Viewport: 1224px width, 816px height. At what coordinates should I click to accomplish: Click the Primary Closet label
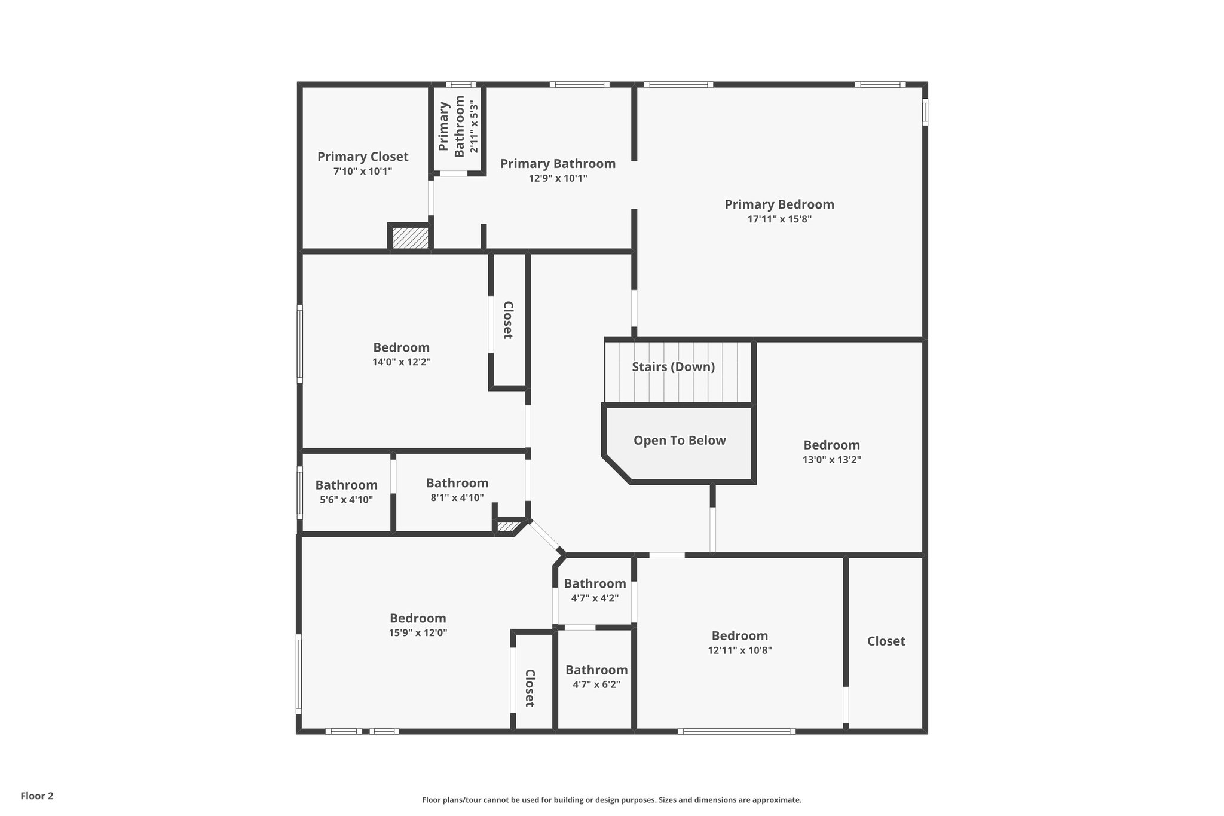coord(363,157)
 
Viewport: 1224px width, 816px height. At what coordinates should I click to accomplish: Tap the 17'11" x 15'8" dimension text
coord(779,219)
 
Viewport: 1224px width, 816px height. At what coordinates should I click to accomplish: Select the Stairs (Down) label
coord(673,367)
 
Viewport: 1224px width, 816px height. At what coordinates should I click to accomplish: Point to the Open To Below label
coord(680,441)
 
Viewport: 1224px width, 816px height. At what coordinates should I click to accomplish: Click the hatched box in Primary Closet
coord(411,238)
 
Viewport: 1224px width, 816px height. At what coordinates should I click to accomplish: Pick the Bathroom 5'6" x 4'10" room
coord(346,491)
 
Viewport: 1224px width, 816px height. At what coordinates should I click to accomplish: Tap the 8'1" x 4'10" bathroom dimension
coord(457,497)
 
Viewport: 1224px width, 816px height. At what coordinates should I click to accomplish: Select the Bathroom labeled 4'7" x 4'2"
coord(595,590)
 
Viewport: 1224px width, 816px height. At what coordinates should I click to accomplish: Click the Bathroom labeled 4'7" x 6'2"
coord(596,677)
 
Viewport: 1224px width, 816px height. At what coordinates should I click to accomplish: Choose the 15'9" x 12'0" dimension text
coord(418,633)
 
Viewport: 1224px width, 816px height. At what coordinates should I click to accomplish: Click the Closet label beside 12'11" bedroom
coord(886,641)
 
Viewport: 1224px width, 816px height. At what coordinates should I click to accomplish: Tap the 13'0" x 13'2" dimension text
coord(831,460)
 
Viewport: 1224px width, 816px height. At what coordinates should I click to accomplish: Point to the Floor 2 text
coord(37,796)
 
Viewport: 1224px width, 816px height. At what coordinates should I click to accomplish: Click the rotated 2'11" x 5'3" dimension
coord(474,127)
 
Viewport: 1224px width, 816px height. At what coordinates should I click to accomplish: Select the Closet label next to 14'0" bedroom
coord(508,320)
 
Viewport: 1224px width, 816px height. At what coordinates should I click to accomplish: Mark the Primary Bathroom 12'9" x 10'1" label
coord(558,170)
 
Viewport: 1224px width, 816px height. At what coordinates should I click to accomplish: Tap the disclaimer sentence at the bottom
coord(611,800)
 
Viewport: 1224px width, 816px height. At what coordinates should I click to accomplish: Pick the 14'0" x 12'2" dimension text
coord(401,362)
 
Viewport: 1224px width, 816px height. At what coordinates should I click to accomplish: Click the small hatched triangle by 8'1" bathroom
coord(508,527)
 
